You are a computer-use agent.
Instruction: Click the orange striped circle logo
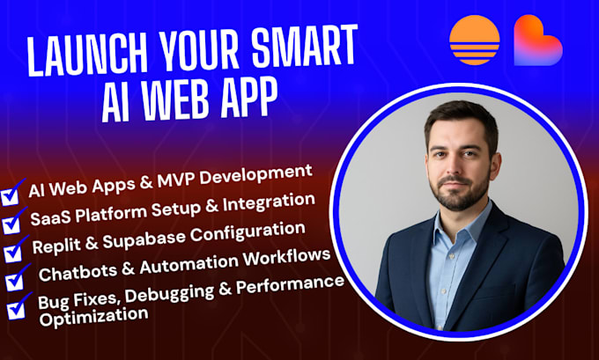click(475, 41)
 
